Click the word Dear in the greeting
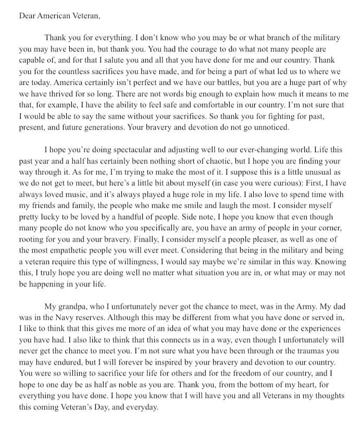(27, 15)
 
